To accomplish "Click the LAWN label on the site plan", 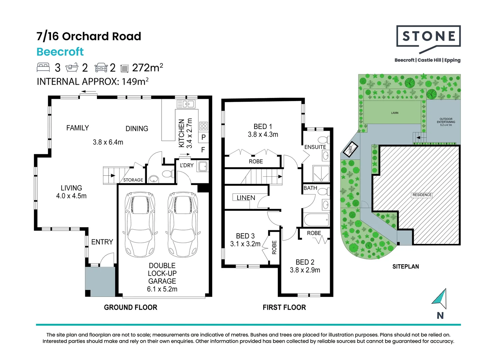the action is click(x=395, y=113).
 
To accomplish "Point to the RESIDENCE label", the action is click(x=422, y=195).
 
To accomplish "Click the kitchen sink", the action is click(x=186, y=104).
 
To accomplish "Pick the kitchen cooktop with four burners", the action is click(x=204, y=126).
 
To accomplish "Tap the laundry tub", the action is click(x=202, y=166).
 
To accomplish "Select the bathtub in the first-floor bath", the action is click(x=316, y=220).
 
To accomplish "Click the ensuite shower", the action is click(x=321, y=173).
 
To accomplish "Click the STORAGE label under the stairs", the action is click(x=133, y=180).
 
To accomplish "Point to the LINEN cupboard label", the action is click(x=246, y=198).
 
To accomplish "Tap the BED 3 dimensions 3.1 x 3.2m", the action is click(x=245, y=244).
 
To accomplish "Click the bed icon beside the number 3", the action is click(x=43, y=67).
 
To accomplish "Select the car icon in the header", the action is click(x=101, y=68).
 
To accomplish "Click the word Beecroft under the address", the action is click(x=60, y=52).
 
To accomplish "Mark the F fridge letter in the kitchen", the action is click(x=203, y=150).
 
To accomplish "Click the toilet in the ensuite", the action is click(x=324, y=140).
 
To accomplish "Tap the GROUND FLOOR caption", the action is click(x=131, y=307).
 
